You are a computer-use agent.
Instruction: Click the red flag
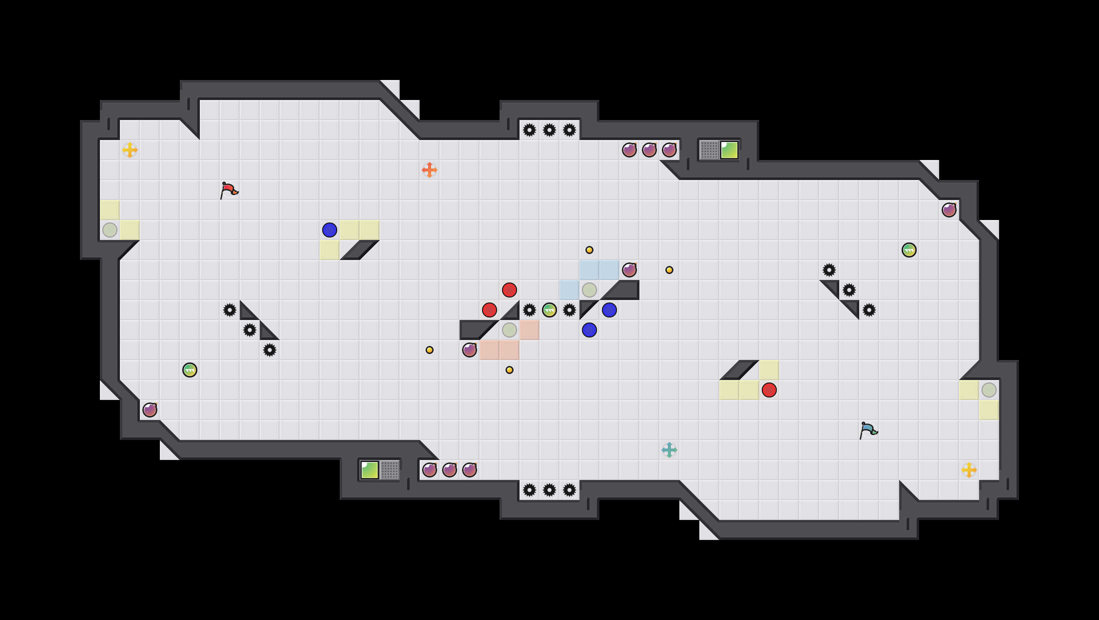[x=229, y=190]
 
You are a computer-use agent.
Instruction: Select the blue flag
[x=868, y=430]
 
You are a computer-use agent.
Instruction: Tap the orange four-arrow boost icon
[x=430, y=170]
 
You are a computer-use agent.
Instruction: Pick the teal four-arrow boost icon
[x=669, y=450]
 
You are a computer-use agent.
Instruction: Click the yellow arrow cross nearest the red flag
[x=130, y=150]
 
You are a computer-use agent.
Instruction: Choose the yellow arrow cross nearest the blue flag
[x=969, y=470]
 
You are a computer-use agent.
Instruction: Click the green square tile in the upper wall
[x=729, y=150]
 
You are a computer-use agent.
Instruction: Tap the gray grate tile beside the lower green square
[x=390, y=470]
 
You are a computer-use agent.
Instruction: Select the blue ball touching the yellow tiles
[x=330, y=230]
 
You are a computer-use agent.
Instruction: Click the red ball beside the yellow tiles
[x=769, y=390]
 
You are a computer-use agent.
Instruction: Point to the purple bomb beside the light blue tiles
[x=629, y=270]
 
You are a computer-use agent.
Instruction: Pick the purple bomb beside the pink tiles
[x=470, y=350]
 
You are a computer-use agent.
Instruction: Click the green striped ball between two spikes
[x=549, y=310]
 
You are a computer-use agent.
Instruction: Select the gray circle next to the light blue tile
[x=589, y=290]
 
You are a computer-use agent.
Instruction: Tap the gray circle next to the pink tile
[x=510, y=330]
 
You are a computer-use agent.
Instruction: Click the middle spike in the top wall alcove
[x=549, y=130]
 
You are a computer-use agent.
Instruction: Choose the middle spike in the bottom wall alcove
[x=549, y=490]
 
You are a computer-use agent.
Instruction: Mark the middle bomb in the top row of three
[x=649, y=150]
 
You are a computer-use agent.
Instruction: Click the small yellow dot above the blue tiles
[x=589, y=250]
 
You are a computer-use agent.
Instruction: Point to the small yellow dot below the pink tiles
[x=510, y=370]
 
